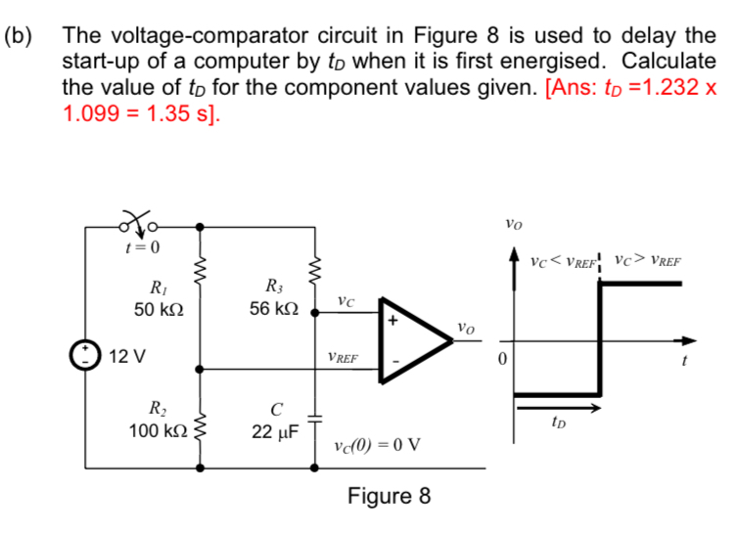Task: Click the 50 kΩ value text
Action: (x=158, y=310)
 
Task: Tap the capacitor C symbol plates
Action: (x=314, y=419)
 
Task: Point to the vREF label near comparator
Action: (x=342, y=359)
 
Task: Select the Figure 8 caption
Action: (x=389, y=496)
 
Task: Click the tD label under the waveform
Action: (x=559, y=424)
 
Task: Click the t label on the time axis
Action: (x=685, y=361)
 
